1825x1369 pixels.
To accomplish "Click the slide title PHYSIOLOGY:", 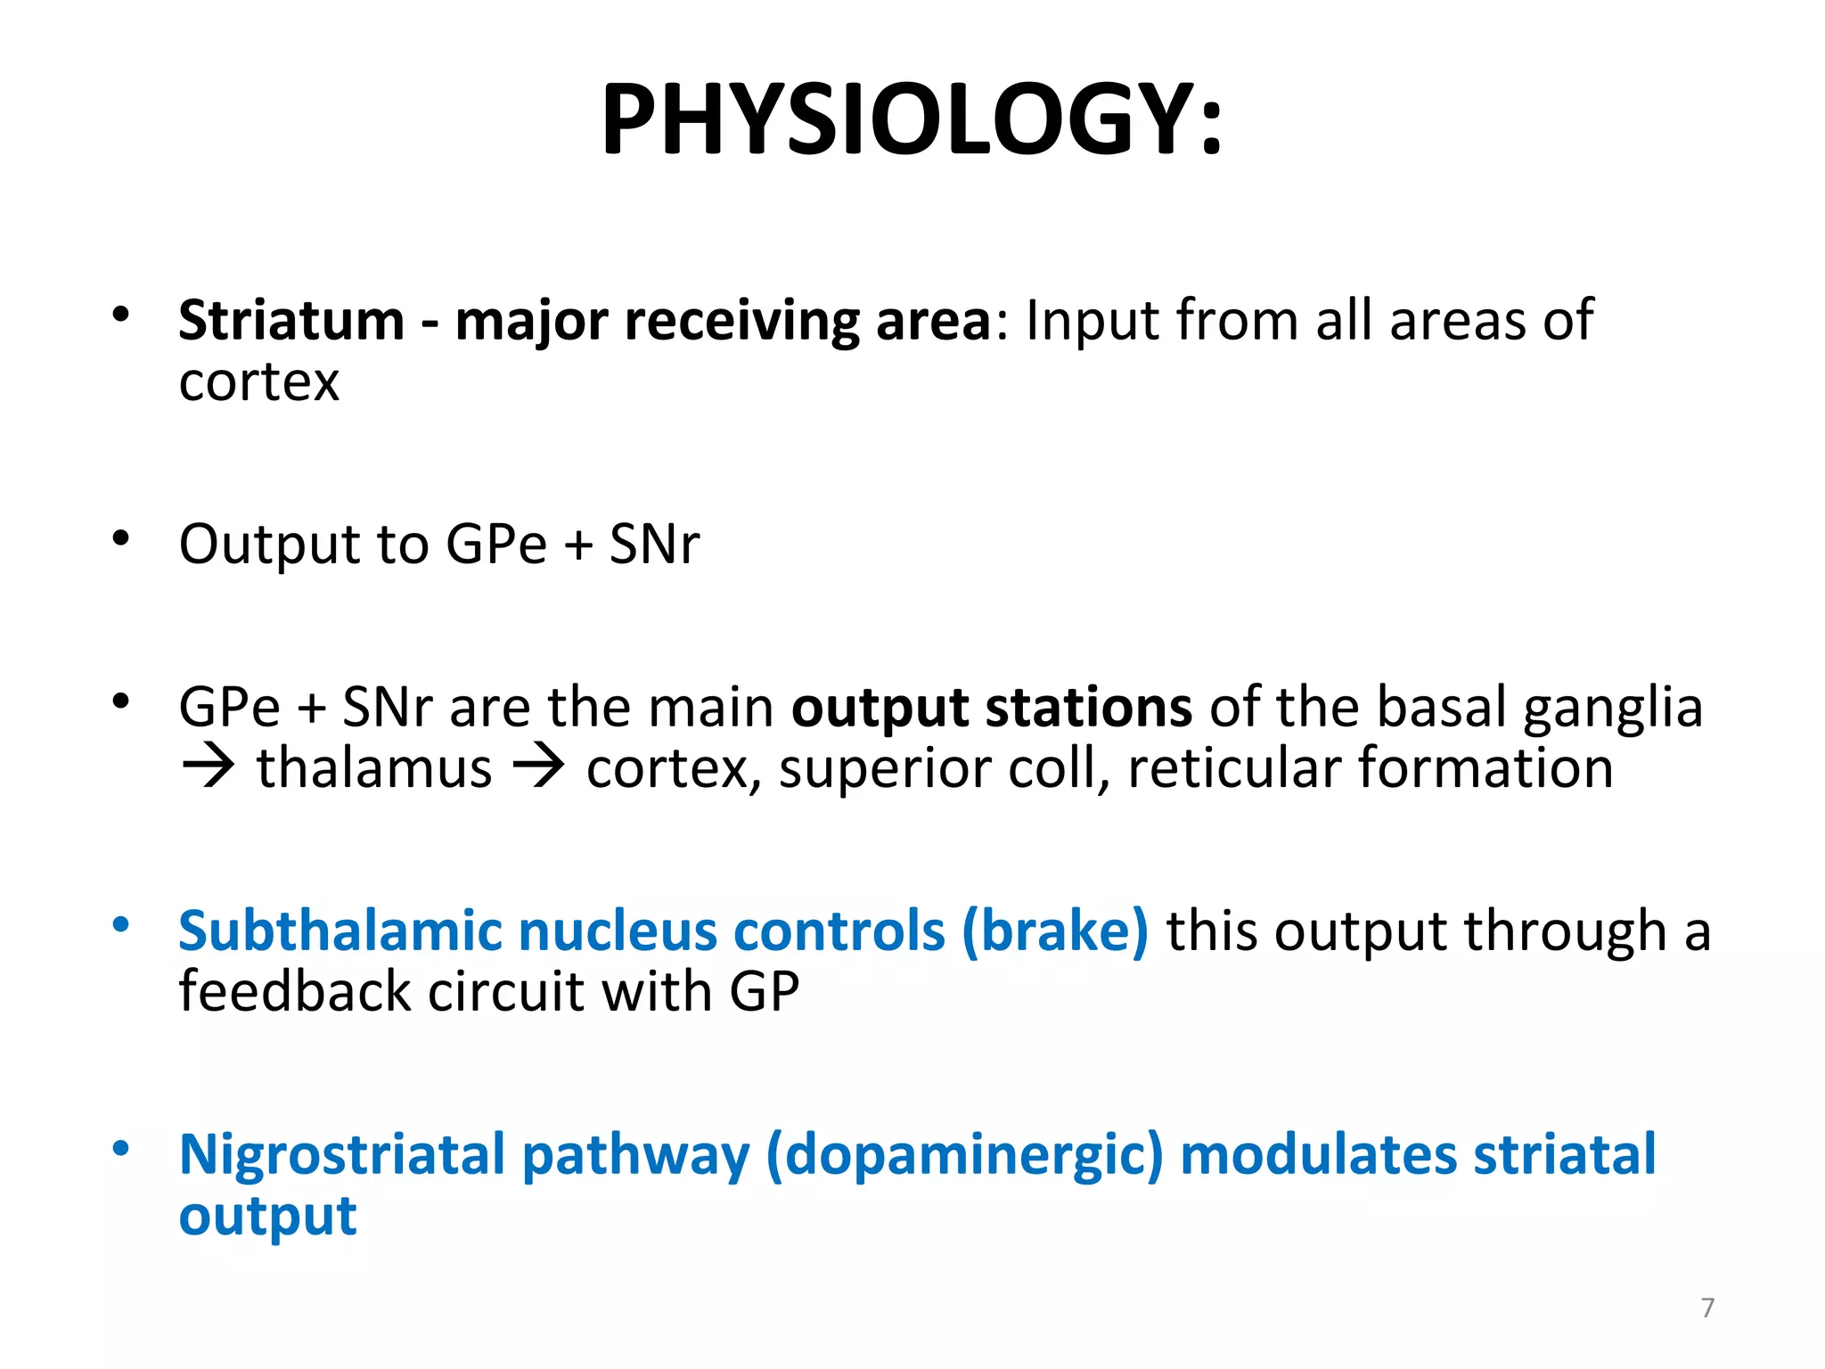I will (x=912, y=120).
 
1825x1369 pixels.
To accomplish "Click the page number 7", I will (x=1707, y=1308).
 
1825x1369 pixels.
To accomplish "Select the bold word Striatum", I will (x=291, y=320).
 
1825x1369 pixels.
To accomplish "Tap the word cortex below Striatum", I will (x=258, y=383).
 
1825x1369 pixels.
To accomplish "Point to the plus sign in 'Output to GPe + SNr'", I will (x=578, y=545).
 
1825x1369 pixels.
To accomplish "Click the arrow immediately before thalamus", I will (x=209, y=767).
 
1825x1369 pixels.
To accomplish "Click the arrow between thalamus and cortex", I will (x=538, y=767).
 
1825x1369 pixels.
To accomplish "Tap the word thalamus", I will (x=374, y=767).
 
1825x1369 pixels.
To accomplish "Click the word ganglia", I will (x=1613, y=709).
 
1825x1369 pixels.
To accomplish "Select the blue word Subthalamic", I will (x=340, y=931).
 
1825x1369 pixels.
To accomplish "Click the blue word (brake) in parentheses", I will (x=1055, y=931).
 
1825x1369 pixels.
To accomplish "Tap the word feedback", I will (x=294, y=991).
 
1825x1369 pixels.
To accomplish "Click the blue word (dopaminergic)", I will (x=964, y=1155).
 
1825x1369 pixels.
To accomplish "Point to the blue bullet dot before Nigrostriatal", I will (x=121, y=1148).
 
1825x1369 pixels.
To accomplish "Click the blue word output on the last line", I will (x=267, y=1216).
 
